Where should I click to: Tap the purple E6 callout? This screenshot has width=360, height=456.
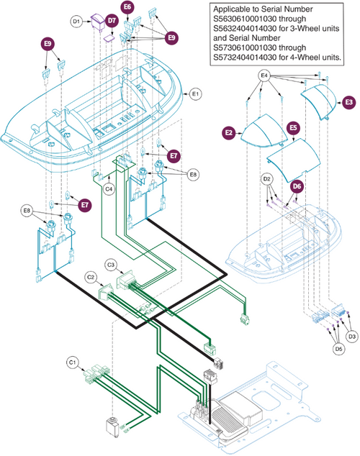(x=127, y=7)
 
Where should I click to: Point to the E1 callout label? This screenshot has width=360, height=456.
(x=195, y=93)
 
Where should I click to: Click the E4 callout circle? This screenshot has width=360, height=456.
(x=264, y=75)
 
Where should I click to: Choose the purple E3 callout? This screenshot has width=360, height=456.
(x=348, y=103)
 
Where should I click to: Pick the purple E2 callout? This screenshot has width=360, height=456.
(x=228, y=132)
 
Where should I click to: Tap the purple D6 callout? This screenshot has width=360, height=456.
(x=296, y=186)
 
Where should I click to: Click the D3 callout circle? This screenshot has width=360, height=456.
(x=352, y=336)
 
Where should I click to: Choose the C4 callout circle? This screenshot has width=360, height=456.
(x=109, y=189)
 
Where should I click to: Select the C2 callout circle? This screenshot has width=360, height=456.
(x=91, y=276)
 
